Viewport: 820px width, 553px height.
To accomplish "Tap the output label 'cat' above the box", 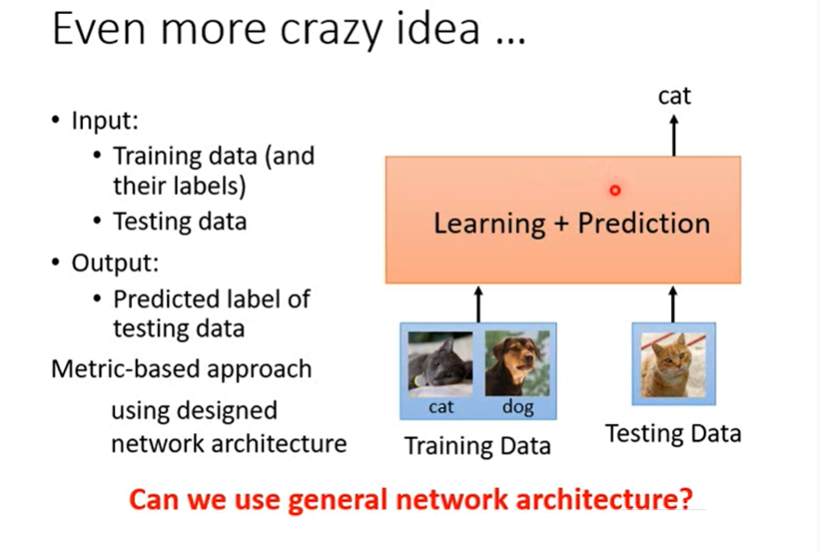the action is (675, 96).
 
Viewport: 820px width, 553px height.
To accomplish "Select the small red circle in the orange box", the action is (615, 191).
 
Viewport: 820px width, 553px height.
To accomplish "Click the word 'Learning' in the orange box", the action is (489, 225).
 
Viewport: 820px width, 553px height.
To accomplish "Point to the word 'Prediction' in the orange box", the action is (643, 224).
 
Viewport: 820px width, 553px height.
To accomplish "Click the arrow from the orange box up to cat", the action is (674, 136).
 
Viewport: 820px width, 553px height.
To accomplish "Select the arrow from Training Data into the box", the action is (479, 304).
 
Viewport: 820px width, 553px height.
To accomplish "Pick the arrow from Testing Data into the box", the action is (673, 304).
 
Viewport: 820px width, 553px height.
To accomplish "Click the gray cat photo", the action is (441, 364).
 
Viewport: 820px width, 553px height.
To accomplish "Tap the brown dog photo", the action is (517, 363).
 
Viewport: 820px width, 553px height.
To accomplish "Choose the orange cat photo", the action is (673, 365).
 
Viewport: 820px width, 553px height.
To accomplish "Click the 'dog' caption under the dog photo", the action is (518, 408).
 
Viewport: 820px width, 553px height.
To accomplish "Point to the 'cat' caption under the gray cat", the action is (441, 407).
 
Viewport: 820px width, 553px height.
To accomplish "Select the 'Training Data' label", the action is (478, 446).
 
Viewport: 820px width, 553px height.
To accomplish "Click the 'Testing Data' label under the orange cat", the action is (673, 434).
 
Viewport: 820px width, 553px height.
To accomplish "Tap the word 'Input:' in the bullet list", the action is (105, 121).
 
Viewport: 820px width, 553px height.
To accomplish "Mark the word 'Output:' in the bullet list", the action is (115, 263).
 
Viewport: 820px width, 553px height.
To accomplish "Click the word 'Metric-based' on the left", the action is (126, 369).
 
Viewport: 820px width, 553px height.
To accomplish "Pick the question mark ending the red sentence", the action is (686, 499).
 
